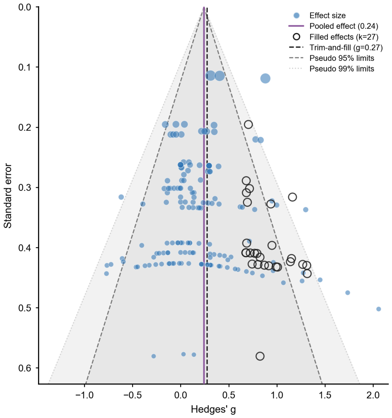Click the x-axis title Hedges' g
click(x=213, y=410)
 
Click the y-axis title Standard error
click(x=8, y=196)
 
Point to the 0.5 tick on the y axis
click(x=37, y=308)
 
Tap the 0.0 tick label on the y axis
click(x=25, y=7)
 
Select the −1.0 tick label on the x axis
click(x=85, y=395)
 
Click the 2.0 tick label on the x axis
click(x=373, y=395)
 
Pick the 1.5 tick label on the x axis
click(x=325, y=395)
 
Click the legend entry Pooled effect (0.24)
click(x=344, y=26)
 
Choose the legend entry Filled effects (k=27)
click(x=344, y=37)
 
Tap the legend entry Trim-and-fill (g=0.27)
click(x=346, y=47)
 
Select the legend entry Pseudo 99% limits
click(x=342, y=69)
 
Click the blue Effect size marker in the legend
click(x=296, y=15)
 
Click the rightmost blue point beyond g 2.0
click(x=379, y=309)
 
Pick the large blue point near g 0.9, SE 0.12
click(x=265, y=78)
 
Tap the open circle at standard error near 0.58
click(x=260, y=356)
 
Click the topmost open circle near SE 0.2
click(x=248, y=124)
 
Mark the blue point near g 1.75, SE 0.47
click(x=347, y=293)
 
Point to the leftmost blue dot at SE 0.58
click(x=153, y=356)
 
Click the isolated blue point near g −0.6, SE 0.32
click(x=121, y=197)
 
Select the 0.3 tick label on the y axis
click(x=25, y=187)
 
